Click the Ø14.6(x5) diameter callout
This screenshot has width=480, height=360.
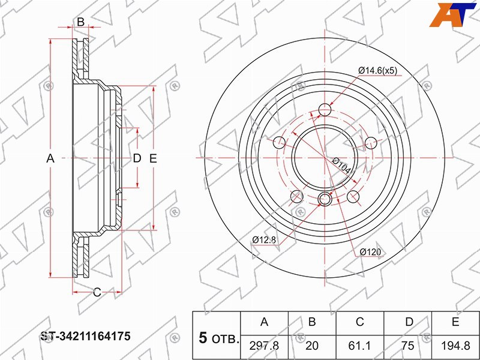click(378, 71)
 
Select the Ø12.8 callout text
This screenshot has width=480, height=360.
click(265, 239)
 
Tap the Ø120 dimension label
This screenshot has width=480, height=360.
click(370, 252)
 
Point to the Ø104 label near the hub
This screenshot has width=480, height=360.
click(341, 166)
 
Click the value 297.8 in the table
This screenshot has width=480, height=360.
click(264, 346)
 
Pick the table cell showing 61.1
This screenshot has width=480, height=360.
click(359, 346)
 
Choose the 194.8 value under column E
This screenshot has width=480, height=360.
click(455, 346)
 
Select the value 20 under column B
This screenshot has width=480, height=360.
click(312, 346)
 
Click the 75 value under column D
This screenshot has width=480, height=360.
click(408, 346)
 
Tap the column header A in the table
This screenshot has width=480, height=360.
click(264, 322)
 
